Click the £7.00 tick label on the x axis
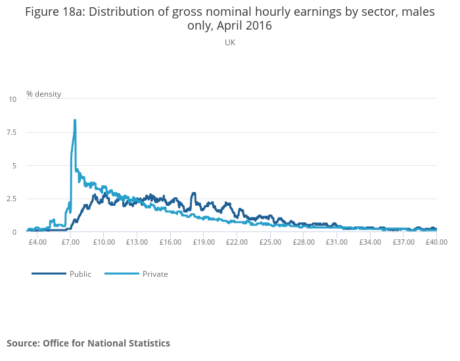70,242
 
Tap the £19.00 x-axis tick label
204,242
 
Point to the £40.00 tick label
436,242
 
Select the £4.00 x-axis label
37,242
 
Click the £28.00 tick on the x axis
304,242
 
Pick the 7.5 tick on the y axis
12,132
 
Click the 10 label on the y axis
12,99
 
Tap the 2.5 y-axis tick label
12,199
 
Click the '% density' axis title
43,94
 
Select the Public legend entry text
80,274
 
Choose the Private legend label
155,274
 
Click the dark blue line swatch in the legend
49,274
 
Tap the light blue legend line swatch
122,274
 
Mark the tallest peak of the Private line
75,120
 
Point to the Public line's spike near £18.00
194,193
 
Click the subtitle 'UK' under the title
230,43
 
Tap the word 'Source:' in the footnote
23,343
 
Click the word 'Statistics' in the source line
148,343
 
